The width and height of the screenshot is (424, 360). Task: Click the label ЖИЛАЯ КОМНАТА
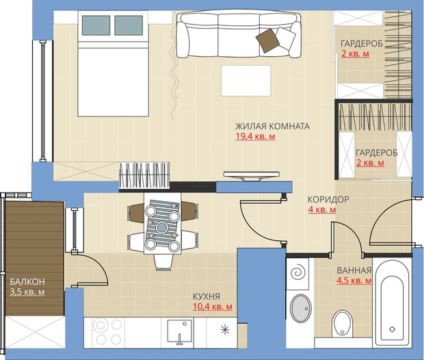coord(273,126)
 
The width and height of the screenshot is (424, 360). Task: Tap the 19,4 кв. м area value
coord(255,136)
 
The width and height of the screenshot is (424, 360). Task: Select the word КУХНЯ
coord(207,296)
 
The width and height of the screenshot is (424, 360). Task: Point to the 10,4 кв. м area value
coord(213,307)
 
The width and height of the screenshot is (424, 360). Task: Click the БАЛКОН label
coord(27,282)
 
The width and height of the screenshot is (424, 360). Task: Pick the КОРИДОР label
coord(328,199)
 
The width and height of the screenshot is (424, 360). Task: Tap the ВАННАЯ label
coord(354,270)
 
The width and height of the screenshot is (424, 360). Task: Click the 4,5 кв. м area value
coord(354,281)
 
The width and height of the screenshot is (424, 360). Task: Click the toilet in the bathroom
coord(342,323)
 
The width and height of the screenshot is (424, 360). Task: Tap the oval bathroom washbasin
coord(300,308)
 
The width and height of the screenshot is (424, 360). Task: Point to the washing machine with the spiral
coord(297,274)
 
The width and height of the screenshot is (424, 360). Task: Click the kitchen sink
coord(180,331)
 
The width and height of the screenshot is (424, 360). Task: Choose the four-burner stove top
coord(107,332)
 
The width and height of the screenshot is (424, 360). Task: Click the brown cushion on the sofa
coord(267,40)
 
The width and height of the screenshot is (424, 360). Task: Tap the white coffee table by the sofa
coord(246,81)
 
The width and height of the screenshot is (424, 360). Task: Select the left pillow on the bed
coord(96,25)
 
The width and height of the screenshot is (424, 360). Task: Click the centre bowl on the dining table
coord(161,227)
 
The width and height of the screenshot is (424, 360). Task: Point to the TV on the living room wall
coord(252,175)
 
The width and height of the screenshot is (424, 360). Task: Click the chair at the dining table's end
coord(163,262)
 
